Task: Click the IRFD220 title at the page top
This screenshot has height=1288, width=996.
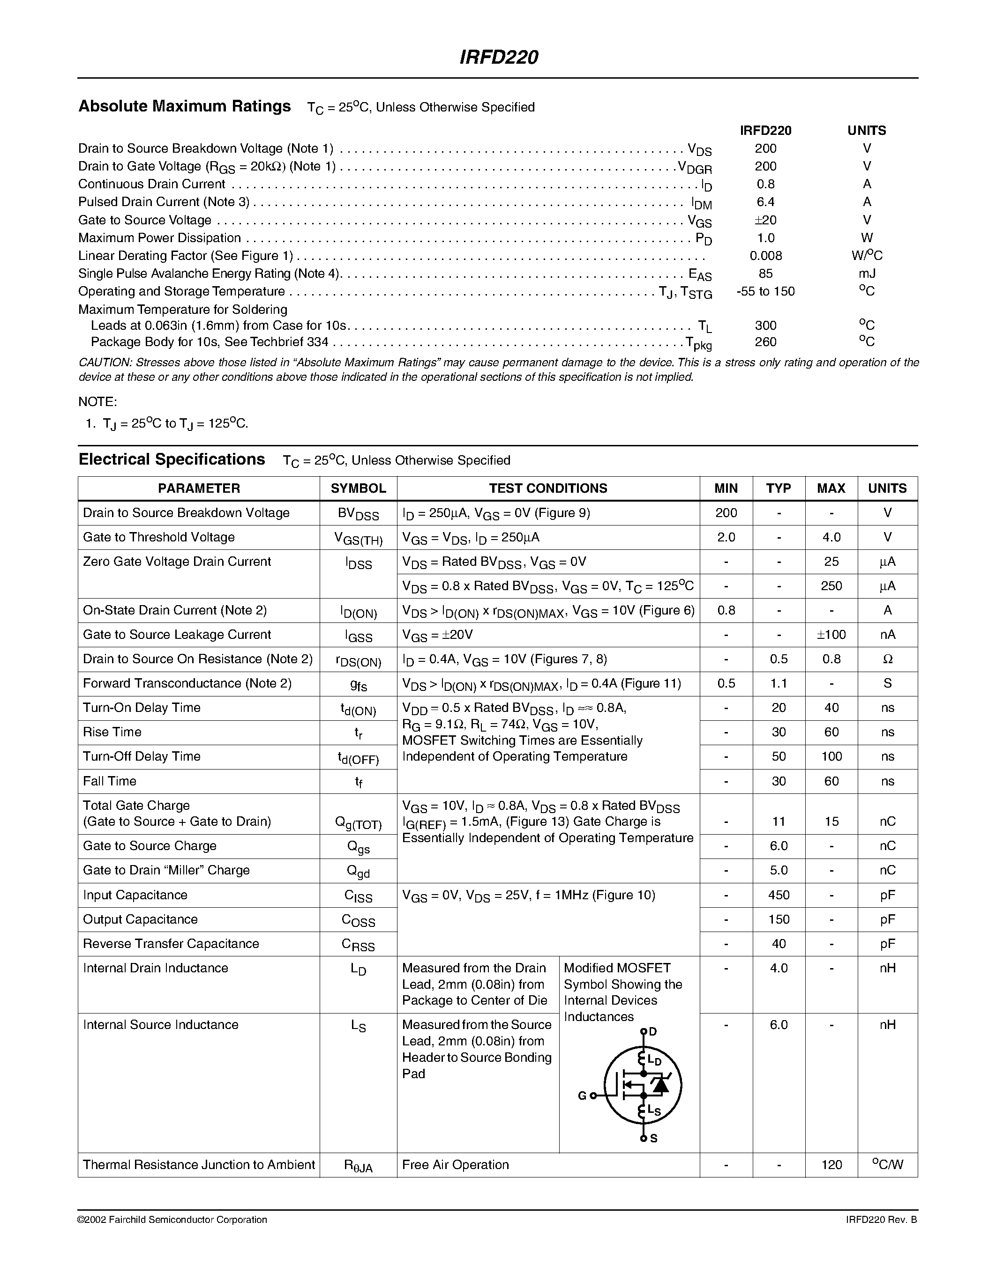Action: (x=499, y=57)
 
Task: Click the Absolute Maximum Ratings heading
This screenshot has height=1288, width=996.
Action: (x=185, y=106)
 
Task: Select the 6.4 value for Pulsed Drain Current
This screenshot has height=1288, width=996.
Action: (x=765, y=202)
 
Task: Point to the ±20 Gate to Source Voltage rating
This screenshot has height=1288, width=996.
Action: (x=765, y=220)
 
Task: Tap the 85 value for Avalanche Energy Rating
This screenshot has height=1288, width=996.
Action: (x=765, y=274)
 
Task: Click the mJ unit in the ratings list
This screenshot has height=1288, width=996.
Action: (x=867, y=274)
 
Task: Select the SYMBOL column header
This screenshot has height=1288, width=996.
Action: (x=358, y=489)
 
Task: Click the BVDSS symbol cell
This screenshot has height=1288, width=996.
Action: (x=358, y=514)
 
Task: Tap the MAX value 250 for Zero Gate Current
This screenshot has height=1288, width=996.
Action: (x=831, y=586)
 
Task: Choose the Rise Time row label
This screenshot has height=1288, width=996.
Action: (x=112, y=733)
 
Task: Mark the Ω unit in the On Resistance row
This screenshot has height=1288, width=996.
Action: (x=887, y=659)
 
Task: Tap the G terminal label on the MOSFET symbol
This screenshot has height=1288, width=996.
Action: (x=582, y=1096)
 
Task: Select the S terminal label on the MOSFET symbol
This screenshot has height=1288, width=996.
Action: (x=653, y=1139)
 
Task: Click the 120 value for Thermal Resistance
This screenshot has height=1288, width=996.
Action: (x=831, y=1165)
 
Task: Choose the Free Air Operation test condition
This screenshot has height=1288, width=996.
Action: (x=455, y=1165)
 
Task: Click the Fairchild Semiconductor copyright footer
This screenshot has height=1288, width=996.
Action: (x=172, y=1220)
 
